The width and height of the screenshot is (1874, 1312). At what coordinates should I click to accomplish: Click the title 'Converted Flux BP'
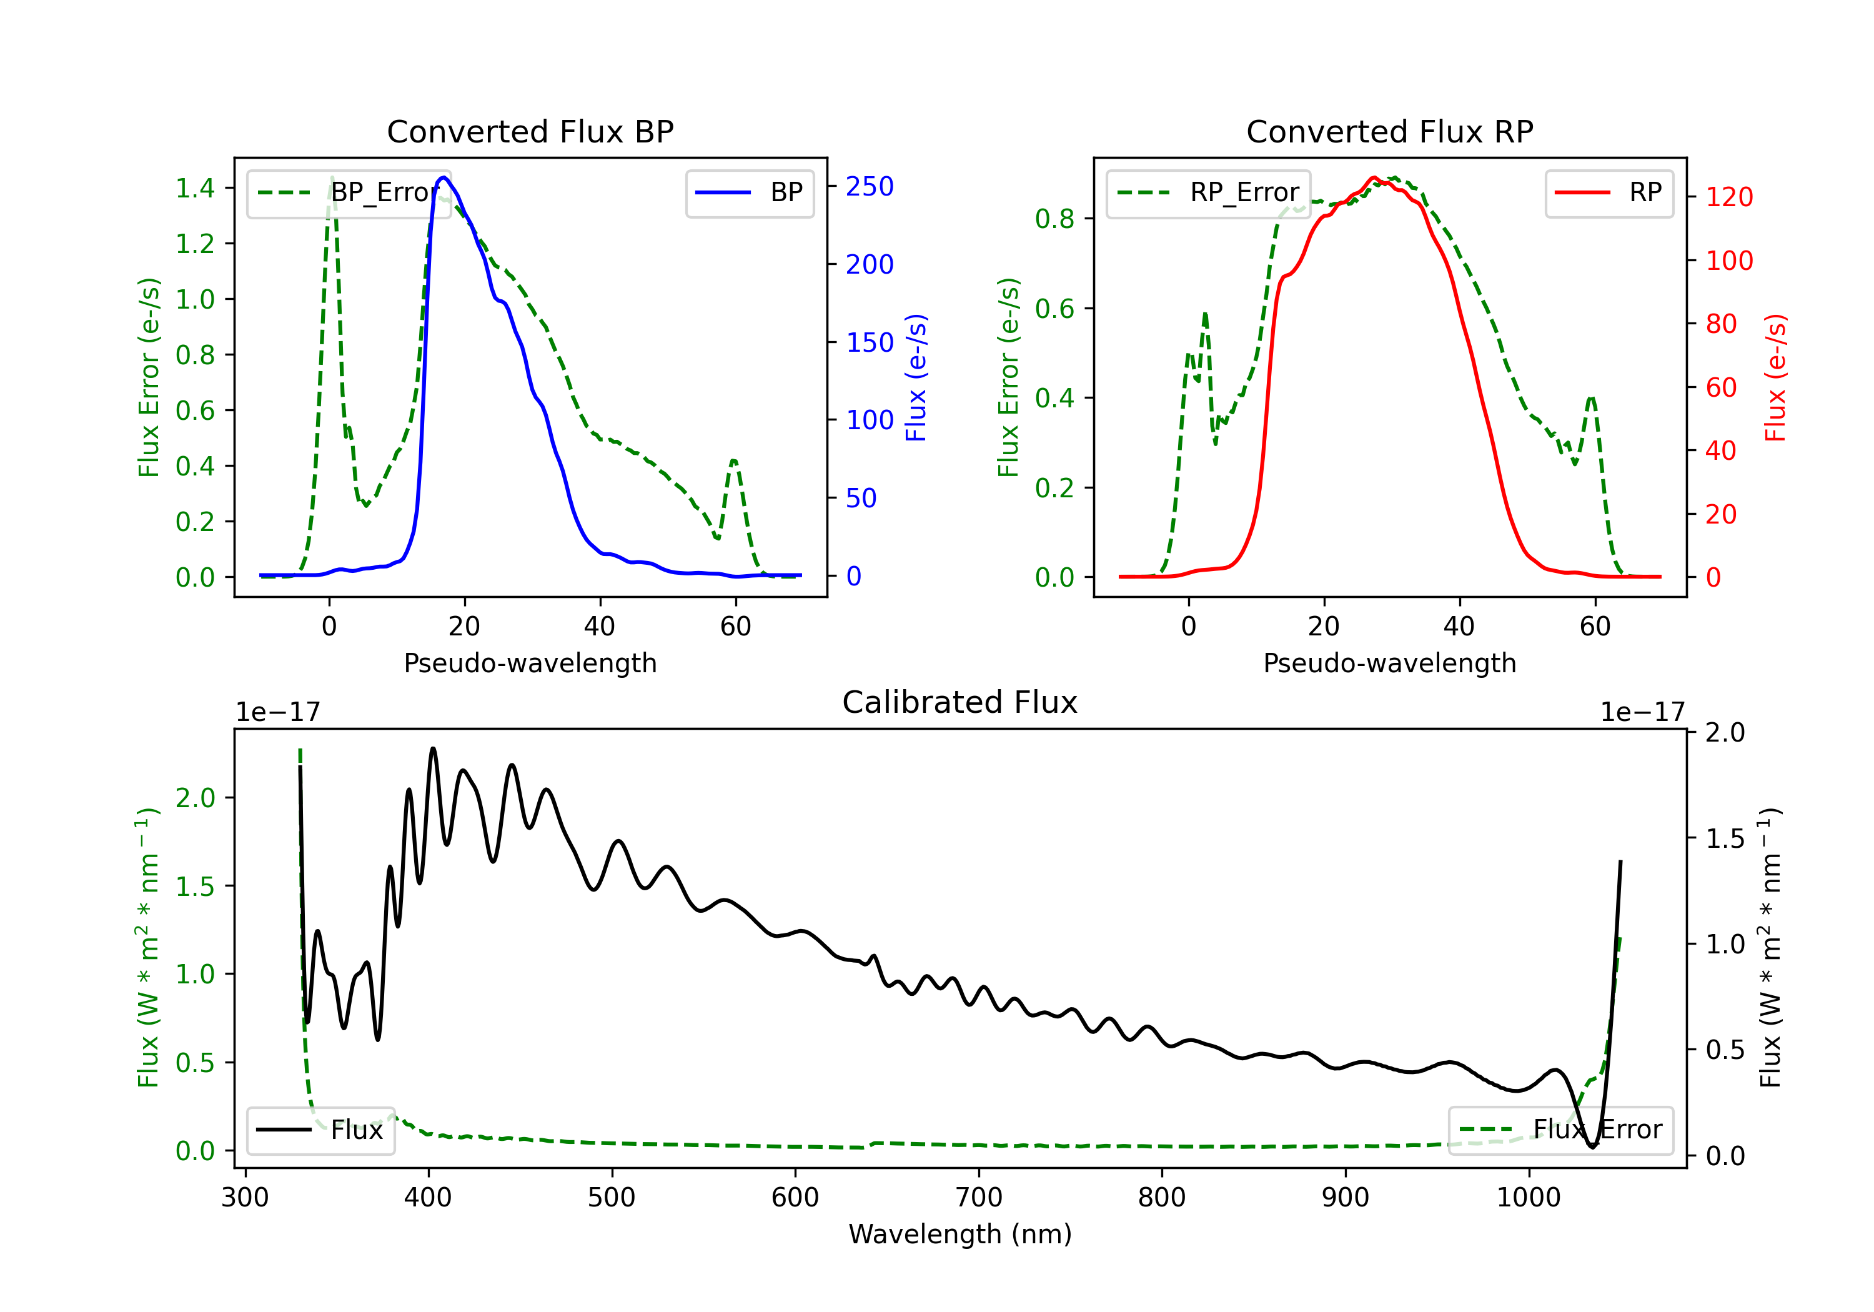(x=530, y=131)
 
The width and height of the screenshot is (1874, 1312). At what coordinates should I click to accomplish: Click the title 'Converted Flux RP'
(x=1389, y=131)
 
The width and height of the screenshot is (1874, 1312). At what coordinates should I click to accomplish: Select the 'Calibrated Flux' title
(x=960, y=702)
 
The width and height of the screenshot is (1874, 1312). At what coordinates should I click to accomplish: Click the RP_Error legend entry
(x=1208, y=192)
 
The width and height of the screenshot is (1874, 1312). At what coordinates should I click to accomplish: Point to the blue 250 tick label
(x=870, y=187)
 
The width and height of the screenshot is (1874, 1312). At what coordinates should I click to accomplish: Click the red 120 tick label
(x=1728, y=197)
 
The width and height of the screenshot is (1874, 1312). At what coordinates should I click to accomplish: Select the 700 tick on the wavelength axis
(x=979, y=1197)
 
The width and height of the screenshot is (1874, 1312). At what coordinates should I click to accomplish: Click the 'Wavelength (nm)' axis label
(x=960, y=1234)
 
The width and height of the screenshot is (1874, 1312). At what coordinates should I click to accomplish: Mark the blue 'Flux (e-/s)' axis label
(x=916, y=377)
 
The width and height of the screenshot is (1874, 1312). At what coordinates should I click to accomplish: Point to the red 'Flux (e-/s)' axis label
(x=1775, y=377)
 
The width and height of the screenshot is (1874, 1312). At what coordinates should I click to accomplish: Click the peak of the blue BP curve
(x=443, y=177)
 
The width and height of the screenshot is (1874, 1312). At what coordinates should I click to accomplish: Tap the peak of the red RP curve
(x=1374, y=177)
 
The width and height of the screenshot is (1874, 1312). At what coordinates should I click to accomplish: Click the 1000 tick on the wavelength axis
(x=1528, y=1197)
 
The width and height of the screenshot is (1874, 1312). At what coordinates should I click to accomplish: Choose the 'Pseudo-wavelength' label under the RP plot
(x=1389, y=663)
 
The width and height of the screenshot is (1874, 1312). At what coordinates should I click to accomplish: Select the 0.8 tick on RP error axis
(x=1054, y=219)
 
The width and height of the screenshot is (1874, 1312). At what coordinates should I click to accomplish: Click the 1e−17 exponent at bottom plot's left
(x=277, y=712)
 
